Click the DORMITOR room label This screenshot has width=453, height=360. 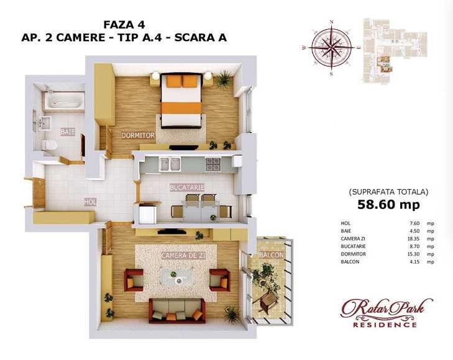click(137, 135)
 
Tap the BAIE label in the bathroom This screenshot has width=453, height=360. click(67, 132)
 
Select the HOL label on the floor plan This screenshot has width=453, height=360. click(91, 201)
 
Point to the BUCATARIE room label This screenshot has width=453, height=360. click(187, 187)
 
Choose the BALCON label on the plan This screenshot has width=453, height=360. click(272, 255)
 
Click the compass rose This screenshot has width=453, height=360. click(332, 47)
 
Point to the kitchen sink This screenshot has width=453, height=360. click(170, 164)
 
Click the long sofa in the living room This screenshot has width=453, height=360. click(177, 309)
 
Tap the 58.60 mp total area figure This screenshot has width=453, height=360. click(388, 205)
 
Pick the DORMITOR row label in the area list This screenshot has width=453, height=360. click(352, 254)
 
